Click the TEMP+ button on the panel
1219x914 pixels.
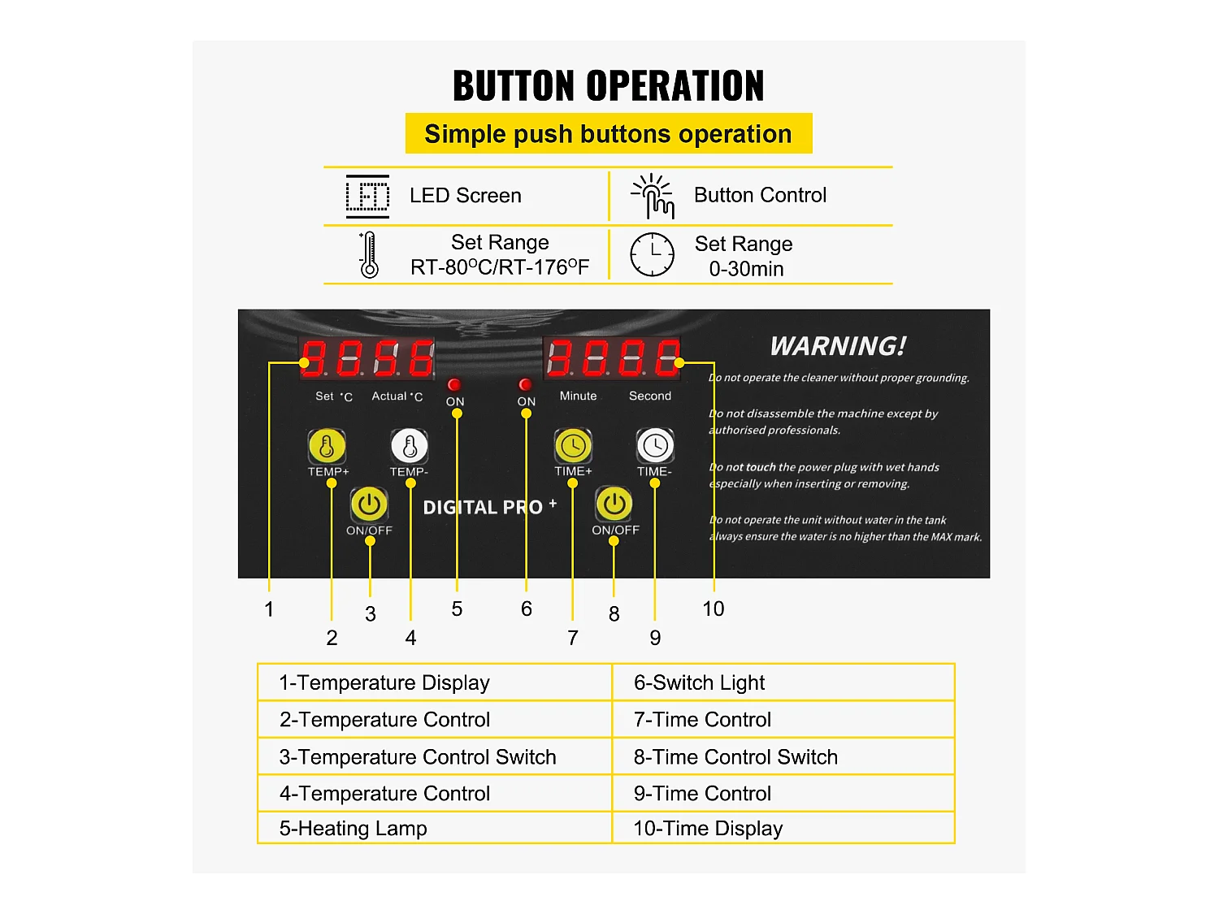pos(327,445)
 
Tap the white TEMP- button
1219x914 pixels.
pos(410,445)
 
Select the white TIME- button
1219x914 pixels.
pos(655,445)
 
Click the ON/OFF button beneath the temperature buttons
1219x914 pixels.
pos(370,505)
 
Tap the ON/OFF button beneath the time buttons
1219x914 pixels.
pos(614,505)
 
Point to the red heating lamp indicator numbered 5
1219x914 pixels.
pos(454,384)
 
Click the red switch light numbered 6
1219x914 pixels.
pos(526,384)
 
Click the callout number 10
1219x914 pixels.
pos(713,609)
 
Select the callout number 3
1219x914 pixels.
pos(371,614)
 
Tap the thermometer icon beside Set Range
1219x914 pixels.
pos(369,255)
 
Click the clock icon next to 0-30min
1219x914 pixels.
pos(653,254)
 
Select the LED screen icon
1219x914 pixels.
pos(367,196)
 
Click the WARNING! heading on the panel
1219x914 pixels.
pos(838,346)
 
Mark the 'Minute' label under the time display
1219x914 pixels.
pos(578,396)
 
